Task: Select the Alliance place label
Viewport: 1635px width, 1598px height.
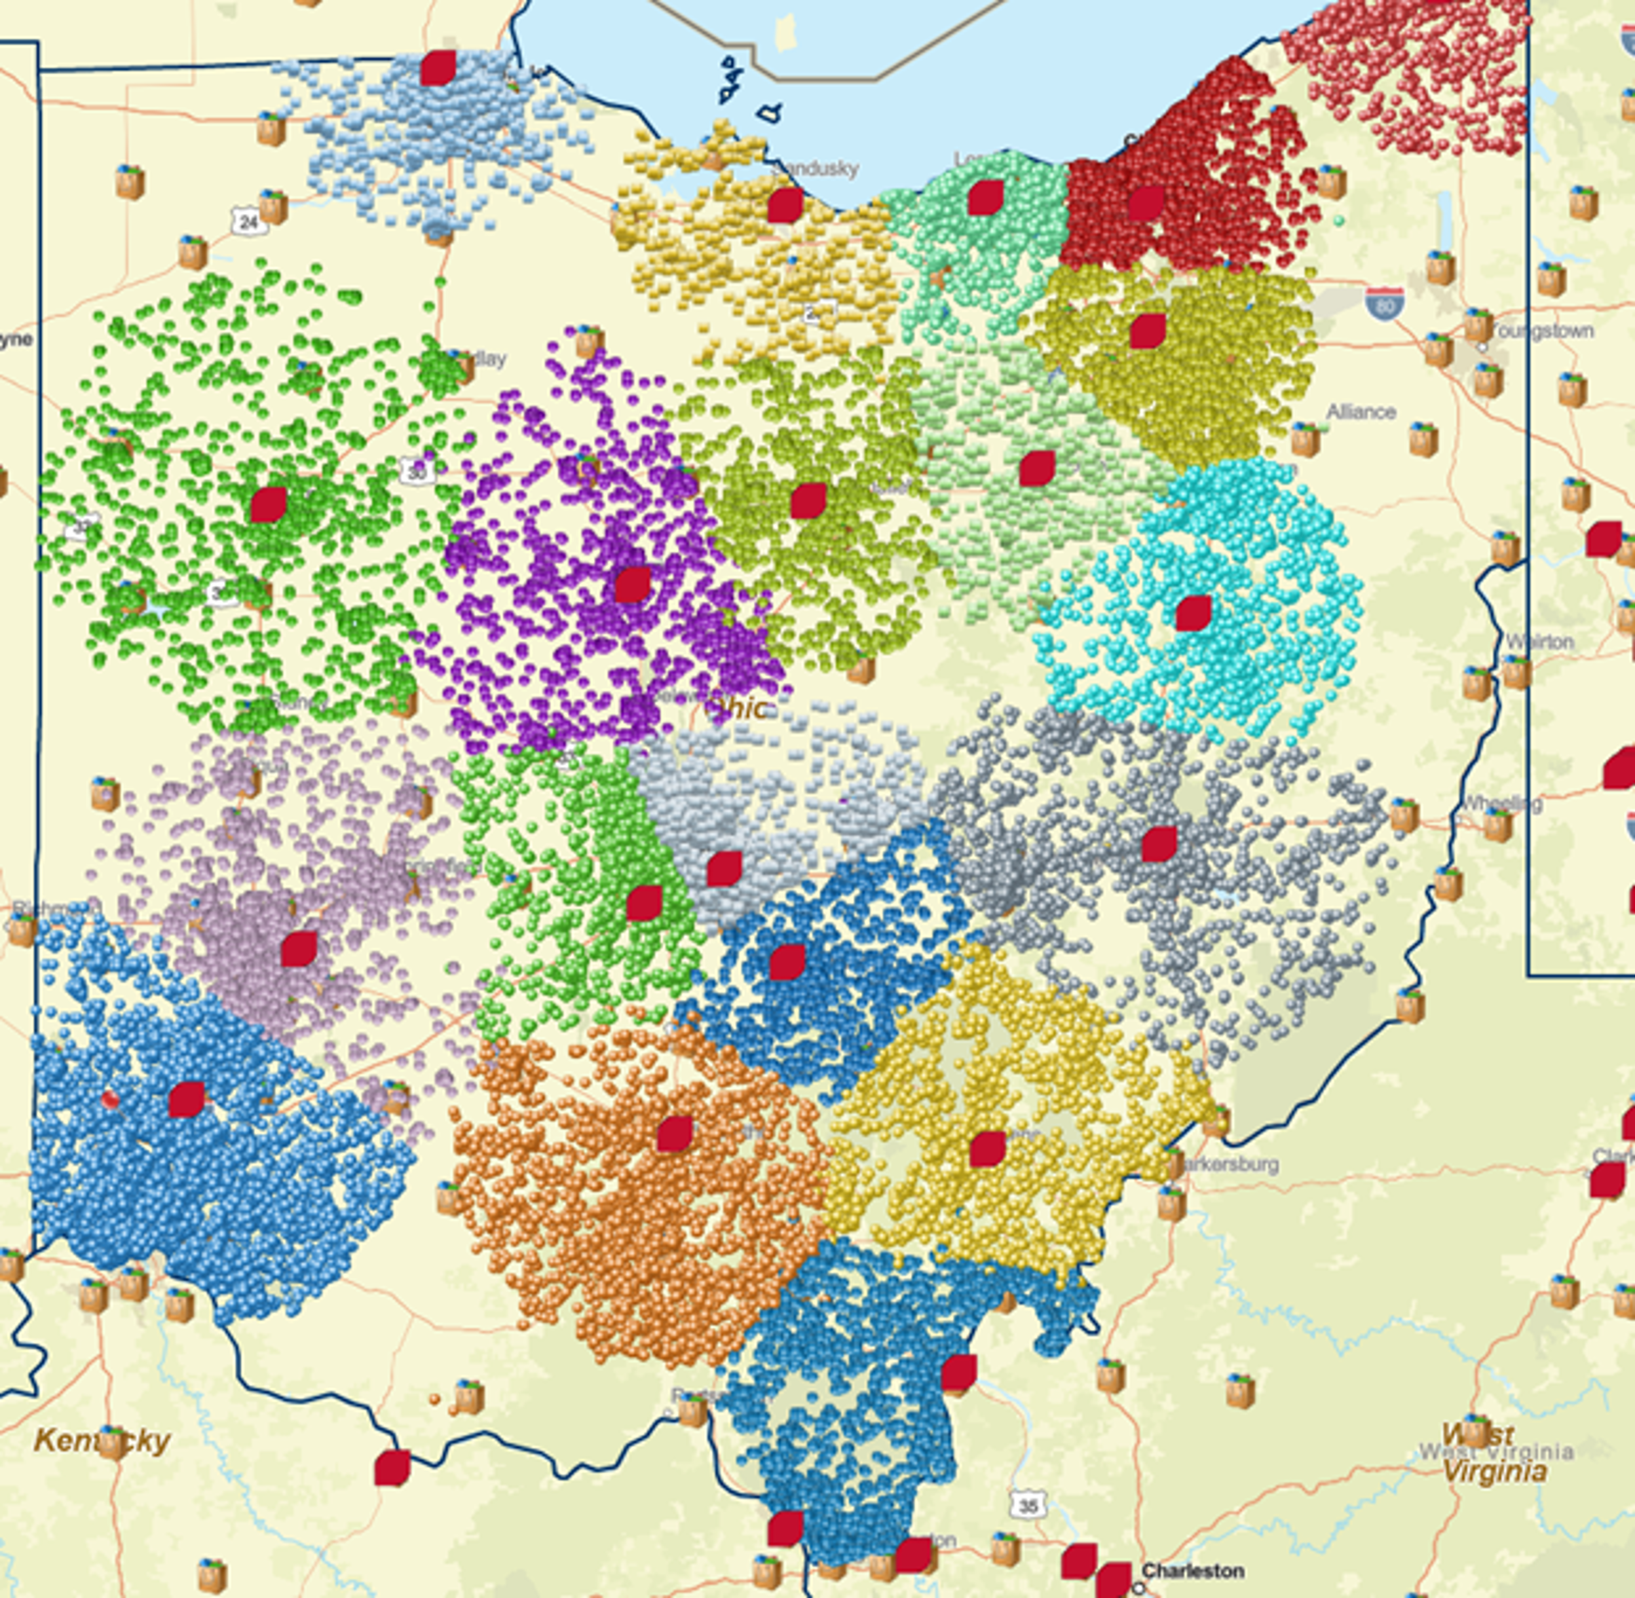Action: tap(1361, 412)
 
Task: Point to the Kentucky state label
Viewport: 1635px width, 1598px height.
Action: tap(102, 1441)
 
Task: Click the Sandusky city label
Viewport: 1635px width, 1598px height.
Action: tap(816, 169)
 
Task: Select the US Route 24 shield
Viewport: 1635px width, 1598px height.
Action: tap(248, 221)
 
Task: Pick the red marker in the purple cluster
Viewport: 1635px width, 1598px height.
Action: tap(633, 585)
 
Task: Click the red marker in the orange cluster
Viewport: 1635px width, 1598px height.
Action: tap(674, 1133)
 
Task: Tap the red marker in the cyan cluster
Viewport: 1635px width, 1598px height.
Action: tap(1193, 614)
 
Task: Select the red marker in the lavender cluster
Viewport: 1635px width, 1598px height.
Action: tap(299, 949)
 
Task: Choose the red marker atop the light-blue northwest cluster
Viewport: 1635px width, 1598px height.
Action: tap(438, 68)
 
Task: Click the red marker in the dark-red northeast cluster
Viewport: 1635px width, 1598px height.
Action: tap(1145, 204)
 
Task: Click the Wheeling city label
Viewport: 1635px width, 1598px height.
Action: tap(1503, 803)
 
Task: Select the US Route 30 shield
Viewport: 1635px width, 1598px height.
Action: tap(417, 472)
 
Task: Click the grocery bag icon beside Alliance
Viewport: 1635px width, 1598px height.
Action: tap(1304, 439)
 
